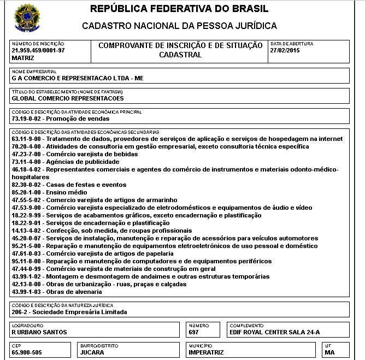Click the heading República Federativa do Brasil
click(179, 9)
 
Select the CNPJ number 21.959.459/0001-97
click(38, 50)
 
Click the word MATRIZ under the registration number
click(23, 57)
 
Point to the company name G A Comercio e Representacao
click(77, 78)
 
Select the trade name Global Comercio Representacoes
click(67, 98)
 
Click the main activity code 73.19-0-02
click(27, 118)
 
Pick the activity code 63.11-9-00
click(27, 139)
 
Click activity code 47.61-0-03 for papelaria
click(27, 253)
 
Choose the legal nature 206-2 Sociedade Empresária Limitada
click(69, 312)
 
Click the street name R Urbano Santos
click(39, 332)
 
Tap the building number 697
click(194, 332)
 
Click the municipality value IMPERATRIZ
click(206, 352)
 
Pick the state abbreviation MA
click(329, 352)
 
